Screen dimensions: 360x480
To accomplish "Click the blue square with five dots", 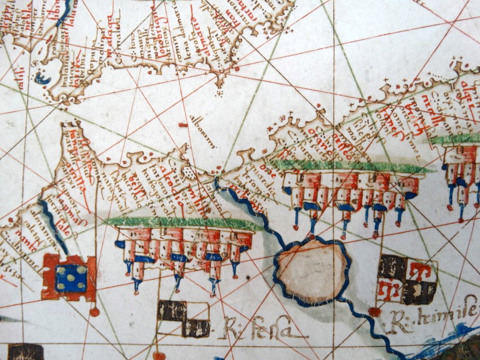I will (x=72, y=277).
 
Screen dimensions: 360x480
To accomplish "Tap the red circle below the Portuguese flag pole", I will (x=95, y=312).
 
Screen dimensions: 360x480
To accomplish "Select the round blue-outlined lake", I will (x=312, y=271).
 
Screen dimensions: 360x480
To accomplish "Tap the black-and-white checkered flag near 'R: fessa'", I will (x=184, y=318).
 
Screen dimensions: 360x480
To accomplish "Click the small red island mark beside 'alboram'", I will (x=183, y=125).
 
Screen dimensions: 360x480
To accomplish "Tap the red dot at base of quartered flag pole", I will (x=374, y=312).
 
